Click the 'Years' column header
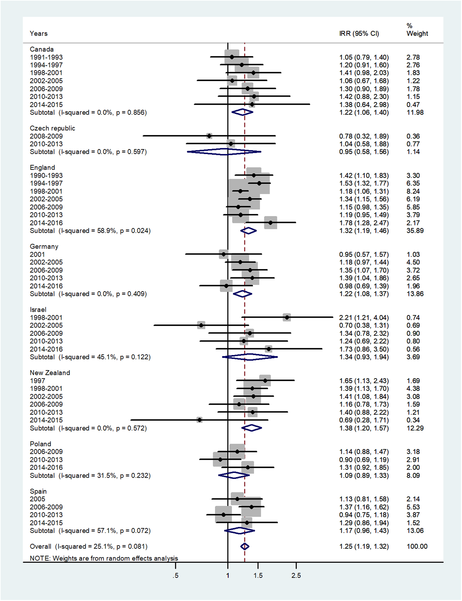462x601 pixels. click(x=39, y=34)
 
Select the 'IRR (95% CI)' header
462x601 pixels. click(x=359, y=34)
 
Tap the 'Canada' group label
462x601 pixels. click(x=41, y=49)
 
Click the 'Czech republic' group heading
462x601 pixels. click(x=52, y=128)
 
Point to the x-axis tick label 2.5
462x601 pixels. click(x=296, y=575)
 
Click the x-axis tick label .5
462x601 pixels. click(x=176, y=575)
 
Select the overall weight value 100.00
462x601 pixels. click(x=417, y=546)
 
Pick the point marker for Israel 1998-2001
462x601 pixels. click(x=287, y=317)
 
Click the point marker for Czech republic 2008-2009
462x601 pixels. click(x=209, y=136)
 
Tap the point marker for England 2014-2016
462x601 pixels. click(x=271, y=223)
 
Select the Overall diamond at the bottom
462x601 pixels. click(x=244, y=546)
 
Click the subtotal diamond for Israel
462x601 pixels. click(x=250, y=357)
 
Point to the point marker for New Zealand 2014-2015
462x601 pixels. click(x=199, y=420)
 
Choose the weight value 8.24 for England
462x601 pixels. click(x=413, y=191)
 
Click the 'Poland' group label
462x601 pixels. click(x=40, y=444)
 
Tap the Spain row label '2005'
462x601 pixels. click(x=37, y=499)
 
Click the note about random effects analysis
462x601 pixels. click(x=104, y=558)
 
